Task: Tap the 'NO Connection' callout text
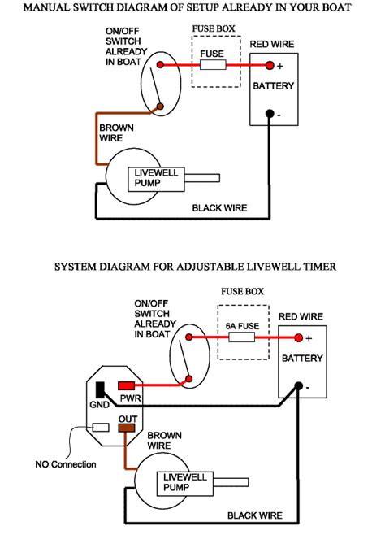[64, 465]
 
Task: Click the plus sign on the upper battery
[280, 65]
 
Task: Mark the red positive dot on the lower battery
[298, 337]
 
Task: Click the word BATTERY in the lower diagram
[301, 358]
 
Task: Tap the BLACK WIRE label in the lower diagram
[254, 515]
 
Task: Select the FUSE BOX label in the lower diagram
[243, 290]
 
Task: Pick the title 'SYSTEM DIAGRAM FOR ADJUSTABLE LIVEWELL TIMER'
[195, 266]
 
